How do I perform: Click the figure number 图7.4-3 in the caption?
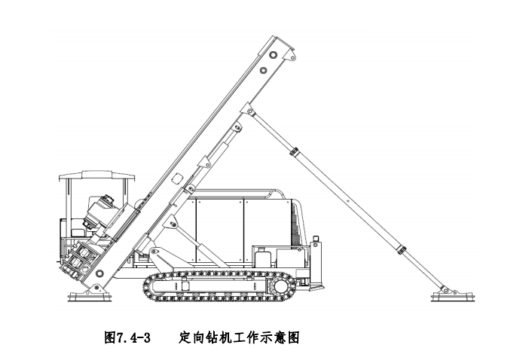[x=127, y=337]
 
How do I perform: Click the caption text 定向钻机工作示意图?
[x=239, y=337]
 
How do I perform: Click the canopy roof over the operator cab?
[x=96, y=175]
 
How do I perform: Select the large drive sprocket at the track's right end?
[x=280, y=287]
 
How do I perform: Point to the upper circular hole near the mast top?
[x=273, y=54]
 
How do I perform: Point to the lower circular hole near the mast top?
[x=264, y=71]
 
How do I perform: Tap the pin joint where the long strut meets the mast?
[x=250, y=111]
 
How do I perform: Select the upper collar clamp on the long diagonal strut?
[x=294, y=151]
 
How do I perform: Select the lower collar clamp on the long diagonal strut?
[x=402, y=250]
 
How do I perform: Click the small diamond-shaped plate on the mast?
[x=177, y=178]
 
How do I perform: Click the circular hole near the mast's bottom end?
[x=99, y=273]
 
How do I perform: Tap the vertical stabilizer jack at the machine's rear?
[x=316, y=263]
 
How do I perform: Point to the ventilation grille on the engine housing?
[x=295, y=222]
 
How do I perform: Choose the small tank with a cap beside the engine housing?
[x=261, y=257]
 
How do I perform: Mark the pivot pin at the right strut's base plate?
[x=445, y=290]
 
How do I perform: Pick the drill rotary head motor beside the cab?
[x=100, y=211]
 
